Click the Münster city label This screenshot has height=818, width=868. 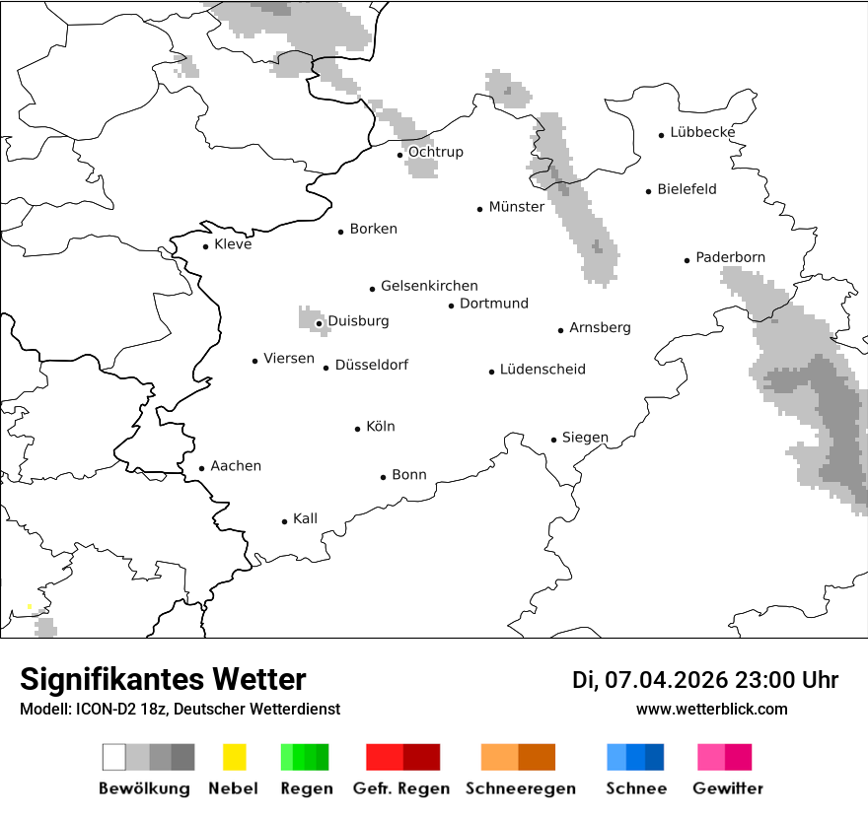coord(516,207)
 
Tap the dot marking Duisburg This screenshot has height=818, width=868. coord(319,323)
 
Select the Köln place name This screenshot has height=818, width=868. coord(380,427)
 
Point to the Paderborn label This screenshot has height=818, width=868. coord(730,258)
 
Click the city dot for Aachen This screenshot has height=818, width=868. coord(201,469)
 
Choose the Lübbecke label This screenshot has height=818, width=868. coord(702,133)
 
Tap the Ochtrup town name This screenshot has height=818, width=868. coord(435,153)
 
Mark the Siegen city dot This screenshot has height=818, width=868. coord(553,440)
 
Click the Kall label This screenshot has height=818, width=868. coord(305,518)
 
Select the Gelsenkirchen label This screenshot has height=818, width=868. coord(429,286)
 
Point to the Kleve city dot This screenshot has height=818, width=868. coord(205,246)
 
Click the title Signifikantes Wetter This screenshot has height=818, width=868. coord(163,680)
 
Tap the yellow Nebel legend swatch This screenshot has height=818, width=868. coord(234,757)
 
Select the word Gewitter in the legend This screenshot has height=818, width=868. coord(728,788)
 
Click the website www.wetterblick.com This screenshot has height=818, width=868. coord(711,709)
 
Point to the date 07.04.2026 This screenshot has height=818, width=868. coord(666,680)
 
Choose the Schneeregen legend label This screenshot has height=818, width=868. coord(520,788)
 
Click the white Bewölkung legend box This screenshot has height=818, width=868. coord(113,757)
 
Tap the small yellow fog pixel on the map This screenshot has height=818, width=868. coord(30,606)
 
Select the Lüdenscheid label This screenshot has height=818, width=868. coord(542,370)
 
